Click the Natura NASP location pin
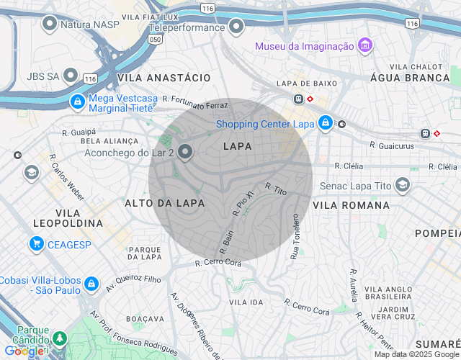50,24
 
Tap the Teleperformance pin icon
236,28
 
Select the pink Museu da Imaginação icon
365,46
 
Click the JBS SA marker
71,75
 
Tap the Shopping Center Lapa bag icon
326,123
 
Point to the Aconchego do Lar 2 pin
185,152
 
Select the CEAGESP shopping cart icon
36,244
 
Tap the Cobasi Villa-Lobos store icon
91,284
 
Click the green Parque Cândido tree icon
60,338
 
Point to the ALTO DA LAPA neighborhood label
164,204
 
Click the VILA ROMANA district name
351,205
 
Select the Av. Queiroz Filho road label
134,278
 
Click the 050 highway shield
155,40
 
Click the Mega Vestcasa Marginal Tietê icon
76,102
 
